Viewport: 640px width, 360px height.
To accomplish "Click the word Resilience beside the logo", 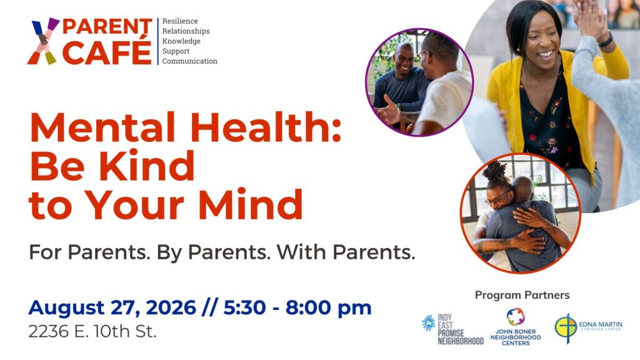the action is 180,21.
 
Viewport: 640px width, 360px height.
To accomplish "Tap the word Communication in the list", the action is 190,61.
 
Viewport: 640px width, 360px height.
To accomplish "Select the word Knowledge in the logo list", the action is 181,41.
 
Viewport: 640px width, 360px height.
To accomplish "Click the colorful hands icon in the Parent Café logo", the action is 43,41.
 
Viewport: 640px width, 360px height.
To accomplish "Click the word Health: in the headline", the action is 266,127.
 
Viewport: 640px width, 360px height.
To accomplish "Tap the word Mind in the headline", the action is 251,204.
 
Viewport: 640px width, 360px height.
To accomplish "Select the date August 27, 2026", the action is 112,307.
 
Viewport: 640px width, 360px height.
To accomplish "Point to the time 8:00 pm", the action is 328,307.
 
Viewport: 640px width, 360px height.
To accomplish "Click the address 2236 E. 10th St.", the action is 92,331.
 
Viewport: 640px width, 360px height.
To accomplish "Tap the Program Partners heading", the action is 522,295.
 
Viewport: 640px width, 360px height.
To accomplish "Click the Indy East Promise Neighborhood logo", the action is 452,329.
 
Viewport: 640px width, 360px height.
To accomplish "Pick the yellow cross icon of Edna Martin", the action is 566,327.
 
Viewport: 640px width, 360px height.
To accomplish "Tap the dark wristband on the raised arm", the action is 606,40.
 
